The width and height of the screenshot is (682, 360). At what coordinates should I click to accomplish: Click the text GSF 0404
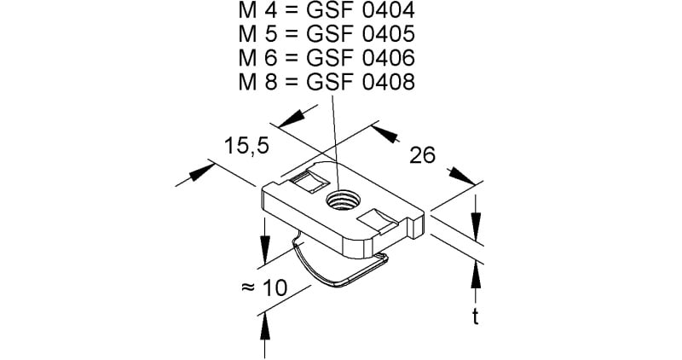tap(361, 11)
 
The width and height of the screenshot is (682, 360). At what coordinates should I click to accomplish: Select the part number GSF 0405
tap(361, 34)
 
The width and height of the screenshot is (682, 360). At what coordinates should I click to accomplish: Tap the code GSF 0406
tap(361, 58)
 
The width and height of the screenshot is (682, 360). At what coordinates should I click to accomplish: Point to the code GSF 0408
tap(361, 82)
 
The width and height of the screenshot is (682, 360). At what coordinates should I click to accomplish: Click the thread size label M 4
tap(258, 11)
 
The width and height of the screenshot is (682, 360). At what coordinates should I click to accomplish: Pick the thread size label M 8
tap(258, 82)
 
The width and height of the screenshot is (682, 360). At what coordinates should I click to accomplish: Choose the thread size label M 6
tap(258, 58)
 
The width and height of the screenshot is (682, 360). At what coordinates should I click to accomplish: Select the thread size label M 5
tap(258, 34)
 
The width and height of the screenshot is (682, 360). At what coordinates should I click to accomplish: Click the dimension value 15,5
tap(246, 146)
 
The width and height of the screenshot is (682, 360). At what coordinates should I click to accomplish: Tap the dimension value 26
tap(422, 155)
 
